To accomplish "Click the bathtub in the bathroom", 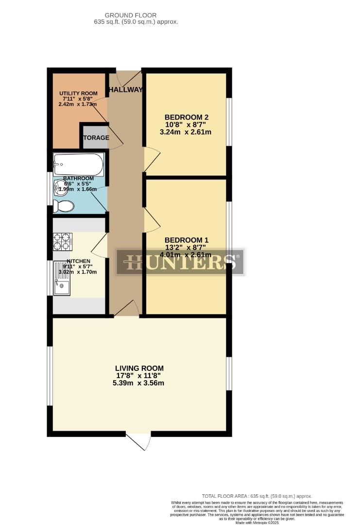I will (x=79, y=165).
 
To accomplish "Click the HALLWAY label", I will (x=126, y=89).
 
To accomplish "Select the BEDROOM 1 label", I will (x=187, y=240).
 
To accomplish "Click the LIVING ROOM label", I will (x=139, y=368).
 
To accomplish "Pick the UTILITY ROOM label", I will (x=78, y=93).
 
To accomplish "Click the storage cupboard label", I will (x=96, y=138).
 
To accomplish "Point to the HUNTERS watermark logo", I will (x=180, y=262).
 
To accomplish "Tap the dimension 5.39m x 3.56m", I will (x=139, y=383).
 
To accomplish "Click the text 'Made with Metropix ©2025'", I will (x=257, y=523).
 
